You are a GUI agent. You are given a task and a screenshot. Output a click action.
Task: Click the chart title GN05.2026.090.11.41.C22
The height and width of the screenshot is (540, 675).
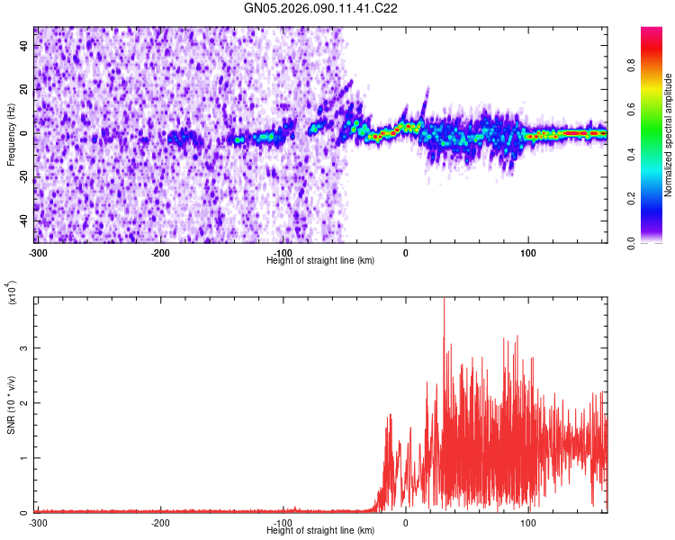coord(321,10)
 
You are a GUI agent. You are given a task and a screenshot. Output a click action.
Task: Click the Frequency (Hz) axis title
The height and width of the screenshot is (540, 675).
coord(12,135)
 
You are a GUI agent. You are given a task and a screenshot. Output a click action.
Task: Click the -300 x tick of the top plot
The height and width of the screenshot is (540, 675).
coord(37,252)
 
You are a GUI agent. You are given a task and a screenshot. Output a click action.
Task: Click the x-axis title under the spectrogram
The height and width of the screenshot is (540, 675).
coord(321,260)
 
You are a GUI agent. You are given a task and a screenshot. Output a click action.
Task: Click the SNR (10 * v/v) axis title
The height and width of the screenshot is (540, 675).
coord(12,405)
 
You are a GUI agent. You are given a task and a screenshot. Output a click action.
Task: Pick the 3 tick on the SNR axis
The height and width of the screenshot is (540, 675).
coord(28,347)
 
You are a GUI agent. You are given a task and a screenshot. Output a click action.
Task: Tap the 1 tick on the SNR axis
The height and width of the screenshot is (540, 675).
coord(28,457)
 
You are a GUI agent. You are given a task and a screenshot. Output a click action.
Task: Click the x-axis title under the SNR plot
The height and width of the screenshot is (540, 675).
coord(321,530)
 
